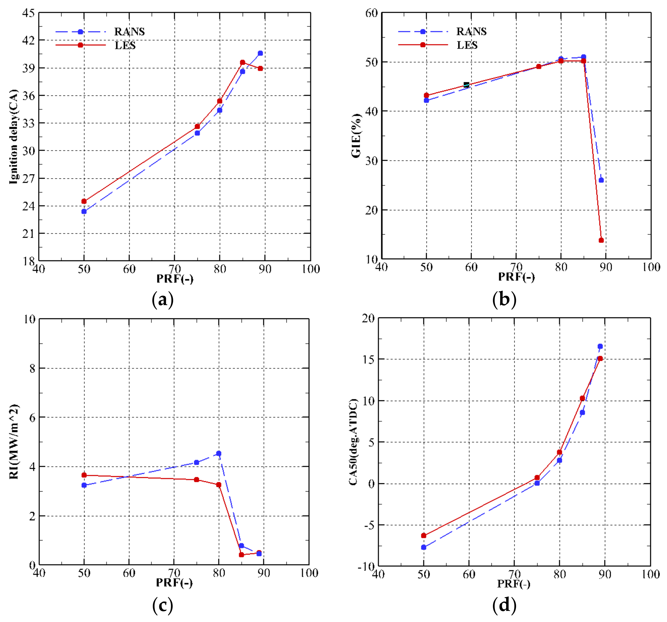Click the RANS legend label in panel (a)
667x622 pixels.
click(129, 32)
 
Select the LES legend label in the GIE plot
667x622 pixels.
click(467, 45)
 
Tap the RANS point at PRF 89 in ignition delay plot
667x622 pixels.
click(260, 53)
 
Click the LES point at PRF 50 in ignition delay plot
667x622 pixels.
click(84, 201)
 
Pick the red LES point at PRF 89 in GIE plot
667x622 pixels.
click(601, 240)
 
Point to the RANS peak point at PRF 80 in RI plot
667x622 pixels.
click(219, 454)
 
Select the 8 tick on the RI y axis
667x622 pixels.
click(32, 368)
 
